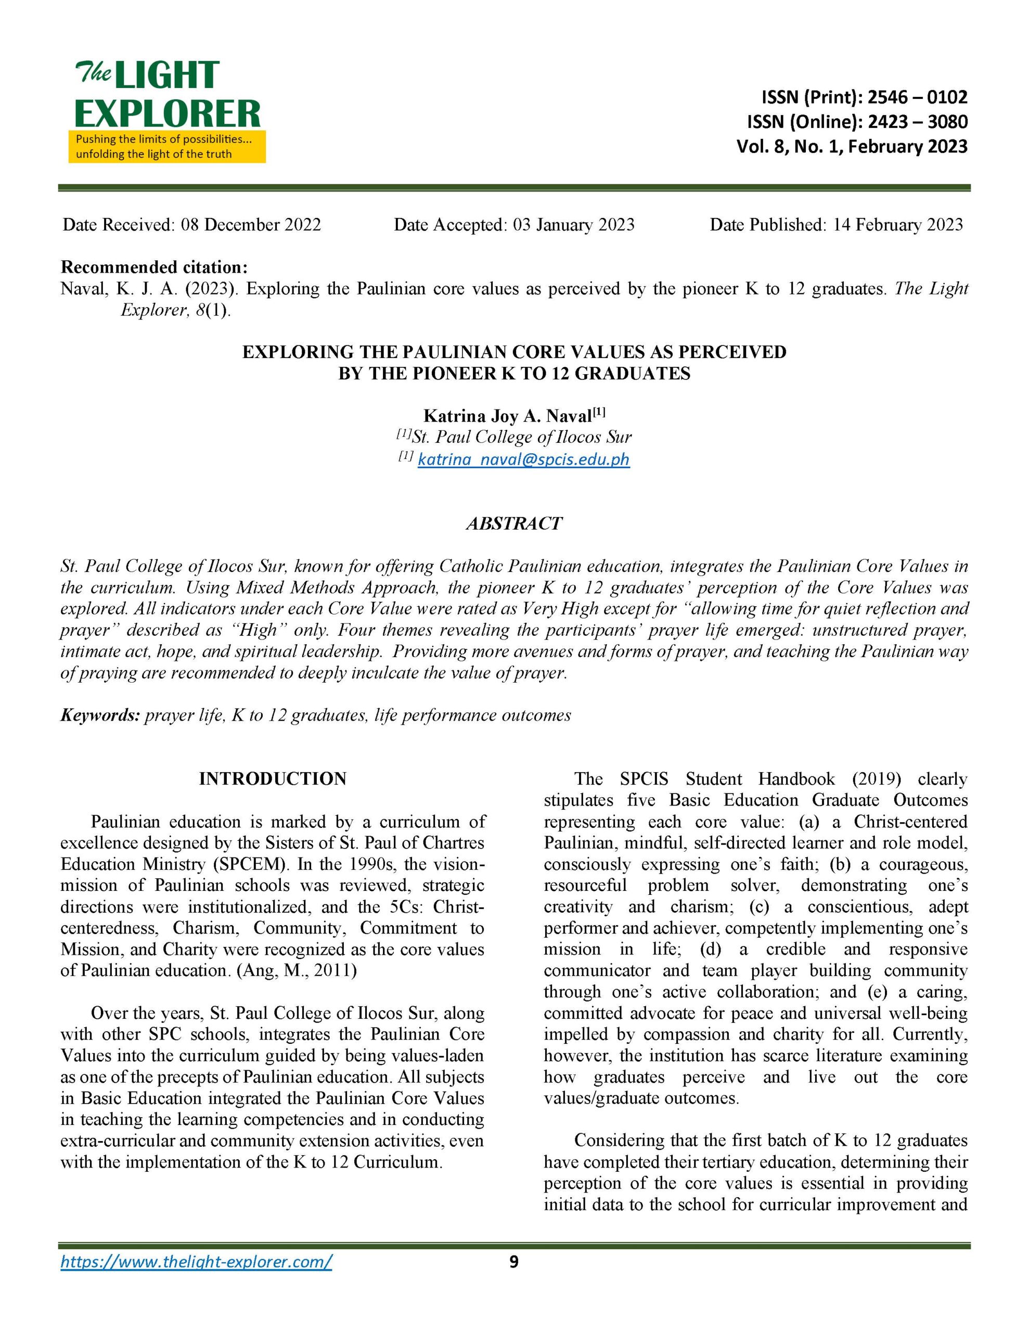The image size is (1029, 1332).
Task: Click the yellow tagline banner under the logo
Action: pos(166,146)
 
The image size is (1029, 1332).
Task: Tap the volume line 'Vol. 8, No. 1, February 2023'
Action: pos(852,146)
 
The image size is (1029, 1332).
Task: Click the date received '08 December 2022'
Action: pos(251,225)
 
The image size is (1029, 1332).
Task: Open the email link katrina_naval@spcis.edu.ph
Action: pos(523,459)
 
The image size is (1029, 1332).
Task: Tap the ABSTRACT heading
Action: pos(513,523)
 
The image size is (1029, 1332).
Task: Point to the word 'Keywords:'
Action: pos(100,715)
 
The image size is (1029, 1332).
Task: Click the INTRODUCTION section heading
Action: pos(273,779)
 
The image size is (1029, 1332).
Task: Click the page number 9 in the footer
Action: pos(513,1262)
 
